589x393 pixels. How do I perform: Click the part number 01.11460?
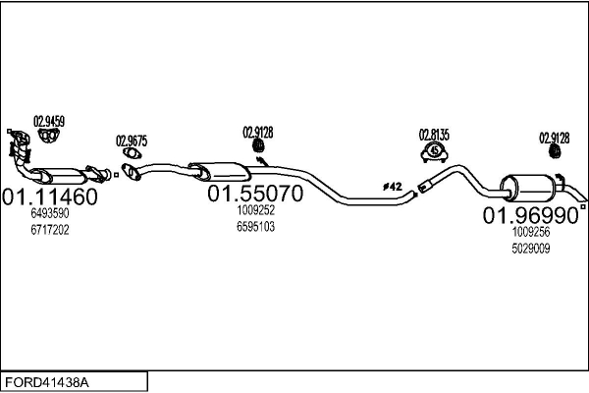point(50,196)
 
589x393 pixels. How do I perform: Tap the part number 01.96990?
point(530,215)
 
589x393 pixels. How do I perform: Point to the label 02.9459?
point(49,122)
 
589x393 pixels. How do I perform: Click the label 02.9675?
point(132,140)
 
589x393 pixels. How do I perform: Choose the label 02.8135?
point(434,135)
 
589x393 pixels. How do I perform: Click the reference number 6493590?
point(50,213)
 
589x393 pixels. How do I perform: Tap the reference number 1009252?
point(255,210)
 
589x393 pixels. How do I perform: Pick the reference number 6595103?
point(255,226)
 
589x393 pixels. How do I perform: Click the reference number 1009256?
point(530,233)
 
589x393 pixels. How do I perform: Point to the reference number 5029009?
point(530,249)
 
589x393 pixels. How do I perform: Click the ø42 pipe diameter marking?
point(391,186)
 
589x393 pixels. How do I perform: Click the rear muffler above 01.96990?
point(528,187)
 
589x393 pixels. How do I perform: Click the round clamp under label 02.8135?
point(434,152)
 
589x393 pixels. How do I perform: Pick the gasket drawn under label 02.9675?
point(132,156)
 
